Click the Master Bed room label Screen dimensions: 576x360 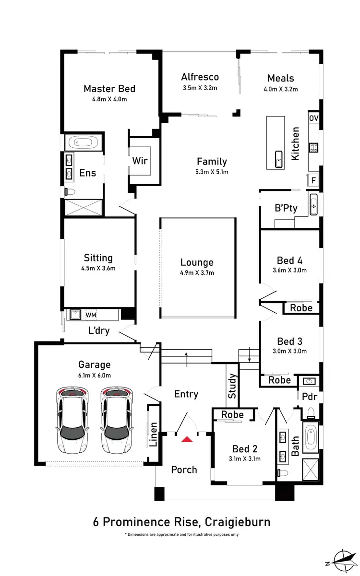point(109,89)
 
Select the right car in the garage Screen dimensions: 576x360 point(116,420)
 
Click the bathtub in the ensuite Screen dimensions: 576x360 point(84,142)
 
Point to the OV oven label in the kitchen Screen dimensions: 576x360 point(313,118)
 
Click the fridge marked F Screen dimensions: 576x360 point(313,180)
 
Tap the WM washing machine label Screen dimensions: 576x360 point(91,315)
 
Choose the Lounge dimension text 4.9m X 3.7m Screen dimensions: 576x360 point(197,272)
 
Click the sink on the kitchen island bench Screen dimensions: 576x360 point(278,160)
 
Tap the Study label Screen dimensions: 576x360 point(233,386)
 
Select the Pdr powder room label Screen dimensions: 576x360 point(309,397)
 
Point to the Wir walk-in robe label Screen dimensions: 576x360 point(140,161)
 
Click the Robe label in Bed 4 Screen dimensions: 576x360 point(301,308)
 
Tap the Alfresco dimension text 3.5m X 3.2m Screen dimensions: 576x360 point(200,88)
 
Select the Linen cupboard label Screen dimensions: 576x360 point(153,435)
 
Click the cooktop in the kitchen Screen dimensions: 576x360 point(314,148)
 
